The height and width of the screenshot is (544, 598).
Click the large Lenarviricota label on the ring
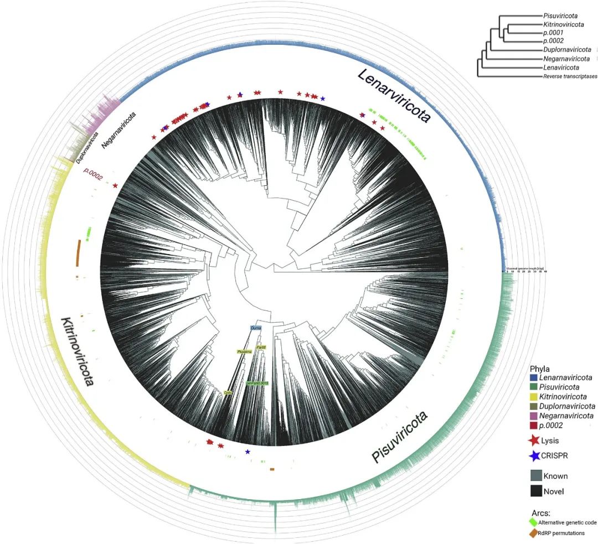[394, 97]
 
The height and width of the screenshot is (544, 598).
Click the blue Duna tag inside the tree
[256, 328]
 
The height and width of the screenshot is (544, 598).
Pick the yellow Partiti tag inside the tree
[261, 347]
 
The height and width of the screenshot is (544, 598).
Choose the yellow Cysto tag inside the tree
[228, 392]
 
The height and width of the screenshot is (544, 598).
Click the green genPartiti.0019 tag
[257, 383]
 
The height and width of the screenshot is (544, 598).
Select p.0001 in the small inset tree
[553, 32]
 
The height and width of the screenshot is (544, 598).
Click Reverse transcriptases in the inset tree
[570, 76]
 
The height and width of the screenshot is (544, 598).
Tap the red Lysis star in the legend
[535, 441]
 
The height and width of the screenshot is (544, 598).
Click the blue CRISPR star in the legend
[535, 456]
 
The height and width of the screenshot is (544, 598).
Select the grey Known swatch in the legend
[535, 475]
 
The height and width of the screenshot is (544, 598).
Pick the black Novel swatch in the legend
[535, 490]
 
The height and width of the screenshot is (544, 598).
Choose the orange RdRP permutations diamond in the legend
[534, 533]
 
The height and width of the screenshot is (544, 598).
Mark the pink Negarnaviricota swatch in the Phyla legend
[534, 416]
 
